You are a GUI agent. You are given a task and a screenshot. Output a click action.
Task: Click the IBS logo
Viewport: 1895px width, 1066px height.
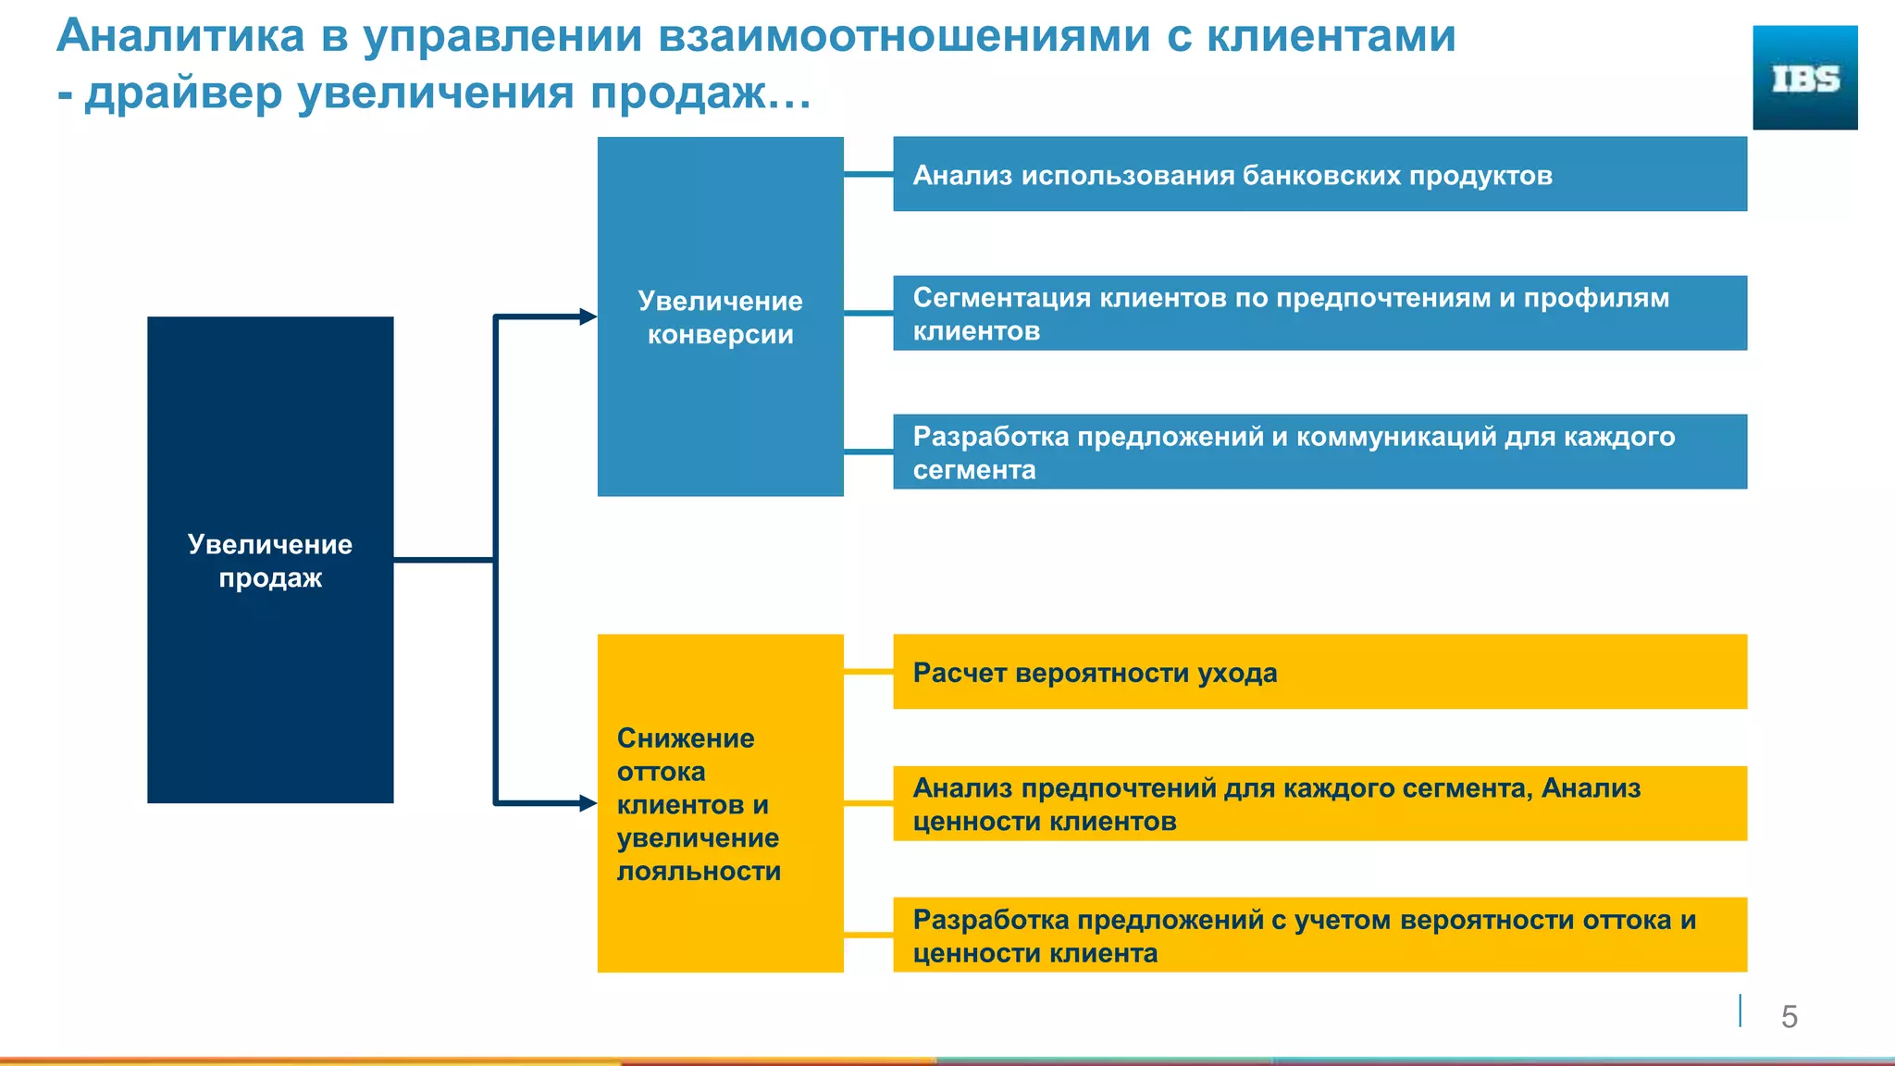[x=1804, y=78]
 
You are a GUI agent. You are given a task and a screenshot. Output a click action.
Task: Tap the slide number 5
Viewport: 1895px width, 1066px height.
[x=1789, y=1016]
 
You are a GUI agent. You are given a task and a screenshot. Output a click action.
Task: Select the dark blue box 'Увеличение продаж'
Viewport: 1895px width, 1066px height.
[x=270, y=559]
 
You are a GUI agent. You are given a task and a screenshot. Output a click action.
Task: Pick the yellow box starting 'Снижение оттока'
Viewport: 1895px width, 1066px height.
[x=720, y=802]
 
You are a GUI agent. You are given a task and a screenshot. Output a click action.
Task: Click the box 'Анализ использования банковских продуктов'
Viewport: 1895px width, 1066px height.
[x=1319, y=174]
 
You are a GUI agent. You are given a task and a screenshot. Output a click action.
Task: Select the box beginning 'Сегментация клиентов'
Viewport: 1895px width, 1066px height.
[x=1319, y=313]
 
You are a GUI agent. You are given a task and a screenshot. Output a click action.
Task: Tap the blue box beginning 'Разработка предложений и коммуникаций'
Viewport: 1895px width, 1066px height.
[x=1319, y=452]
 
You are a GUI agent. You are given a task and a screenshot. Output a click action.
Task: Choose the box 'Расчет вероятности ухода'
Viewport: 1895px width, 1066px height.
[x=1319, y=672]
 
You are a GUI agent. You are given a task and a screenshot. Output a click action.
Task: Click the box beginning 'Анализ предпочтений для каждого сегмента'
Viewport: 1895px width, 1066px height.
[x=1319, y=803]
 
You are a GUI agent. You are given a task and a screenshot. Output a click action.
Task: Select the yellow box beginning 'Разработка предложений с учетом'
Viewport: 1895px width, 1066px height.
[x=1319, y=935]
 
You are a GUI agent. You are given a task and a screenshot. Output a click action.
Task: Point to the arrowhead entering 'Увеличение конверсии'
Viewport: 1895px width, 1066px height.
[x=588, y=316]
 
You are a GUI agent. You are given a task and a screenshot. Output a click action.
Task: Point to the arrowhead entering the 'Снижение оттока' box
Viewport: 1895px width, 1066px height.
[x=588, y=802]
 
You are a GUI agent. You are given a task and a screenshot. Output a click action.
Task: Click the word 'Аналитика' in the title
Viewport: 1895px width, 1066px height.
[x=180, y=37]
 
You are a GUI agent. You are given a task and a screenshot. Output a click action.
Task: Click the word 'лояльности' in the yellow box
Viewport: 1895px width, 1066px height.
[x=699, y=871]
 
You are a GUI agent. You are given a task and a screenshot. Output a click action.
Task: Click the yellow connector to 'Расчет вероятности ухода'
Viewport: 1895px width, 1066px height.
[x=868, y=671]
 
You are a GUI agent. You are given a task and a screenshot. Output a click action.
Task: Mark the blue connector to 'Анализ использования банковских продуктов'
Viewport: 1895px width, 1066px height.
[x=868, y=174]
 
